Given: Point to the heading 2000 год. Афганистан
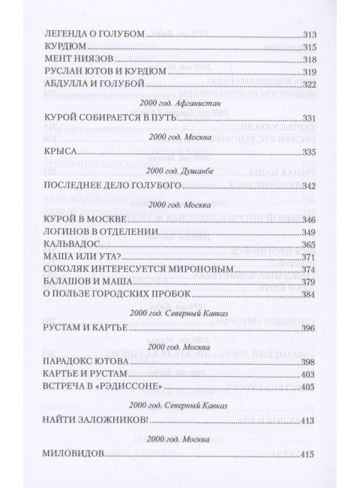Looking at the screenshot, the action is [x=180, y=100].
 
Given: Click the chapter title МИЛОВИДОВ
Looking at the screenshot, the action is [x=73, y=455].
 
